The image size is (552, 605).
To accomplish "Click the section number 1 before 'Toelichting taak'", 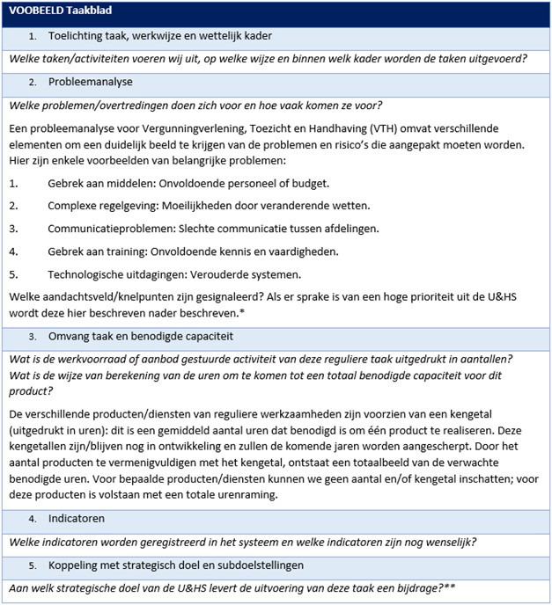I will point(32,36).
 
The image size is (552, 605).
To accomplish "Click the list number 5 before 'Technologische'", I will point(13,274).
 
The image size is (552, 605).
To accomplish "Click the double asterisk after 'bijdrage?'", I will point(459,586).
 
